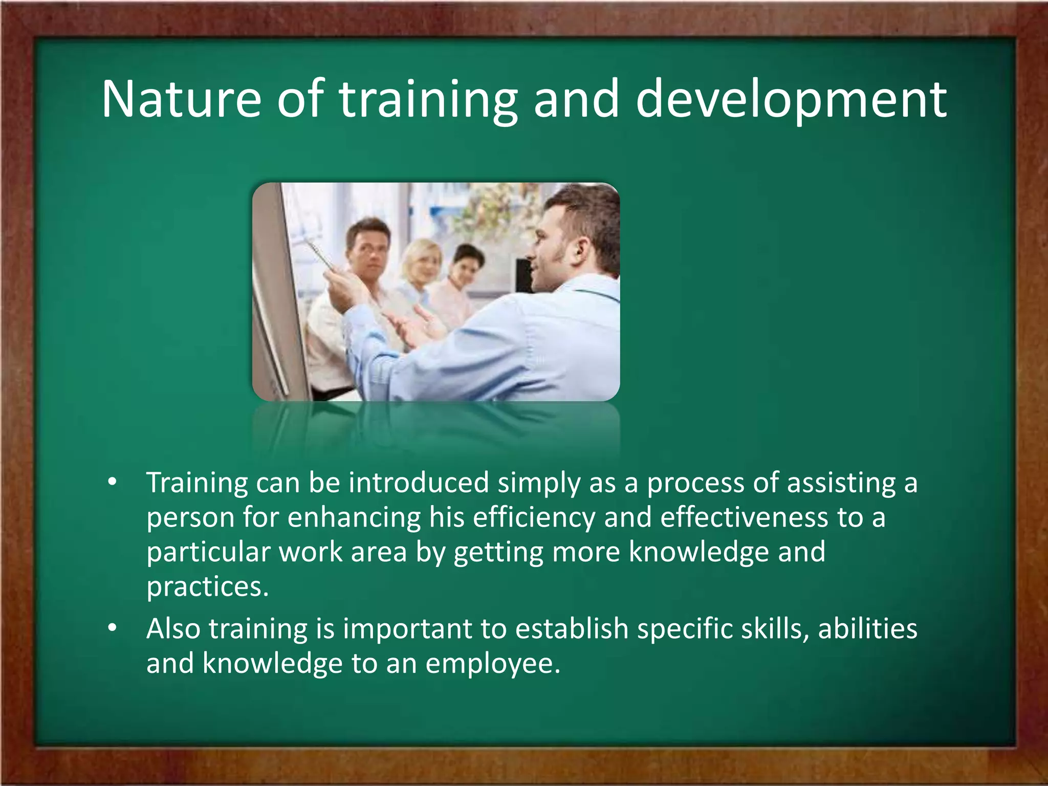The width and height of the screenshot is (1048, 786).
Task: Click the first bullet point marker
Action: [112, 482]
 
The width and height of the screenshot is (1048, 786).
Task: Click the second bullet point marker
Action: [112, 628]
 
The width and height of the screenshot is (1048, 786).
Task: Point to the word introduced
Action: [418, 483]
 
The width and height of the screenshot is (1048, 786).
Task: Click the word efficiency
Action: [534, 517]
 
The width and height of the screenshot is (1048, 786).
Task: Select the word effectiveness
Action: [744, 517]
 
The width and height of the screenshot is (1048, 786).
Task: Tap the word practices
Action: [207, 586]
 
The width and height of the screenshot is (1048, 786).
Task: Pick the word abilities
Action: [867, 628]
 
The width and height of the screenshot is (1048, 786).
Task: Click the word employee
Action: [493, 663]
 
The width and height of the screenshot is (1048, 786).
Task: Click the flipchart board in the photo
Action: [276, 297]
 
